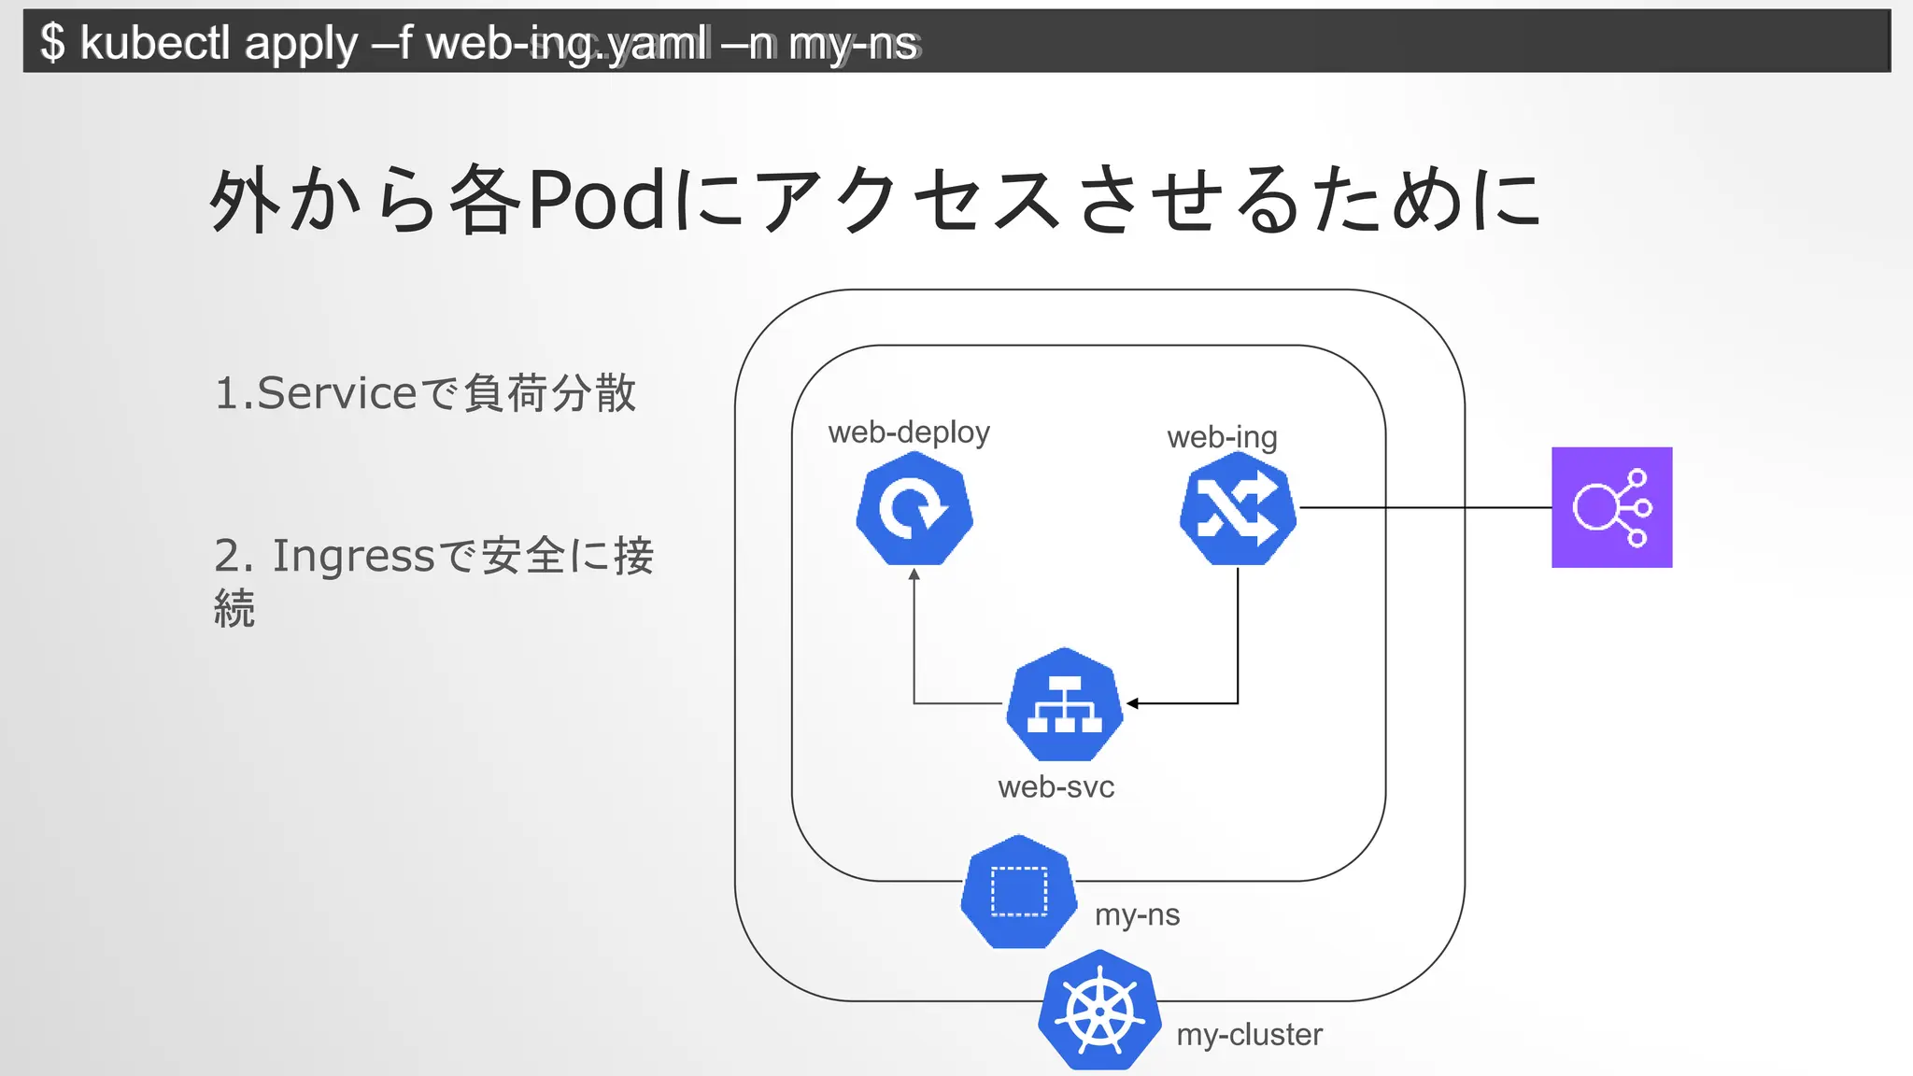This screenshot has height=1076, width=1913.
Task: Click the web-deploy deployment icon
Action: pyautogui.click(x=914, y=509)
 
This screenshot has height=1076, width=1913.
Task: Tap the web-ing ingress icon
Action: pyautogui.click(x=1238, y=509)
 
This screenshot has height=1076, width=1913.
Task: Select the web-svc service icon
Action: pyautogui.click(x=1064, y=705)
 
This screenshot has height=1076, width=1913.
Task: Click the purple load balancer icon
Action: pyautogui.click(x=1611, y=507)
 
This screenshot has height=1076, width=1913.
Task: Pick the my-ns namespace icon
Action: pyautogui.click(x=1018, y=893)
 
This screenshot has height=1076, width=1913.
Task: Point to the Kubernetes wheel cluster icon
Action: pyautogui.click(x=1099, y=1012)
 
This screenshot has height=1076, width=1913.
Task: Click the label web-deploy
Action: pyautogui.click(x=908, y=432)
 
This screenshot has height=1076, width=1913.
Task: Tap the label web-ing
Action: pyautogui.click(x=1222, y=437)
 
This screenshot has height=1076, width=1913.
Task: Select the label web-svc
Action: pyautogui.click(x=1056, y=787)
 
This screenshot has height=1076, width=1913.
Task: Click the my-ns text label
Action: pyautogui.click(x=1137, y=914)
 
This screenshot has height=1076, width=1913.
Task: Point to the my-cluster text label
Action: pyautogui.click(x=1249, y=1035)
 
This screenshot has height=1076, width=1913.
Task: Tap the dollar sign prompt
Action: pyautogui.click(x=53, y=43)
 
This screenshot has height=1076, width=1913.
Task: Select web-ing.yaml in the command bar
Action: pyautogui.click(x=565, y=43)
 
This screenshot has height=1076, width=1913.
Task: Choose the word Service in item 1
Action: pyautogui.click(x=336, y=393)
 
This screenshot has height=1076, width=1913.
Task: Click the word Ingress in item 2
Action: pyautogui.click(x=353, y=556)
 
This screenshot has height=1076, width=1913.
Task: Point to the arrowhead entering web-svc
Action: pyautogui.click(x=1132, y=703)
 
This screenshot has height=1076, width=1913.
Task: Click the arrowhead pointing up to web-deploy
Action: pyautogui.click(x=914, y=574)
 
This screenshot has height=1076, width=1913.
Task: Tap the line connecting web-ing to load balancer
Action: pyautogui.click(x=1424, y=508)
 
